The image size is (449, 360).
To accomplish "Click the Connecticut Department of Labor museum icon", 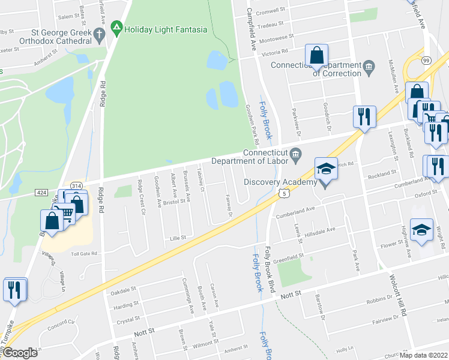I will click(x=296, y=157).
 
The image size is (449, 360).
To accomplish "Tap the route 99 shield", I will click(x=426, y=60).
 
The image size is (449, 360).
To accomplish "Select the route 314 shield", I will click(x=76, y=186).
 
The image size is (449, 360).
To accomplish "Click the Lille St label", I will click(x=176, y=238).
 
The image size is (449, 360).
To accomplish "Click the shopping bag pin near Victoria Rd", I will click(x=316, y=56).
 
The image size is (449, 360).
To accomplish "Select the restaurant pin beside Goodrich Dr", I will click(x=363, y=116).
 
